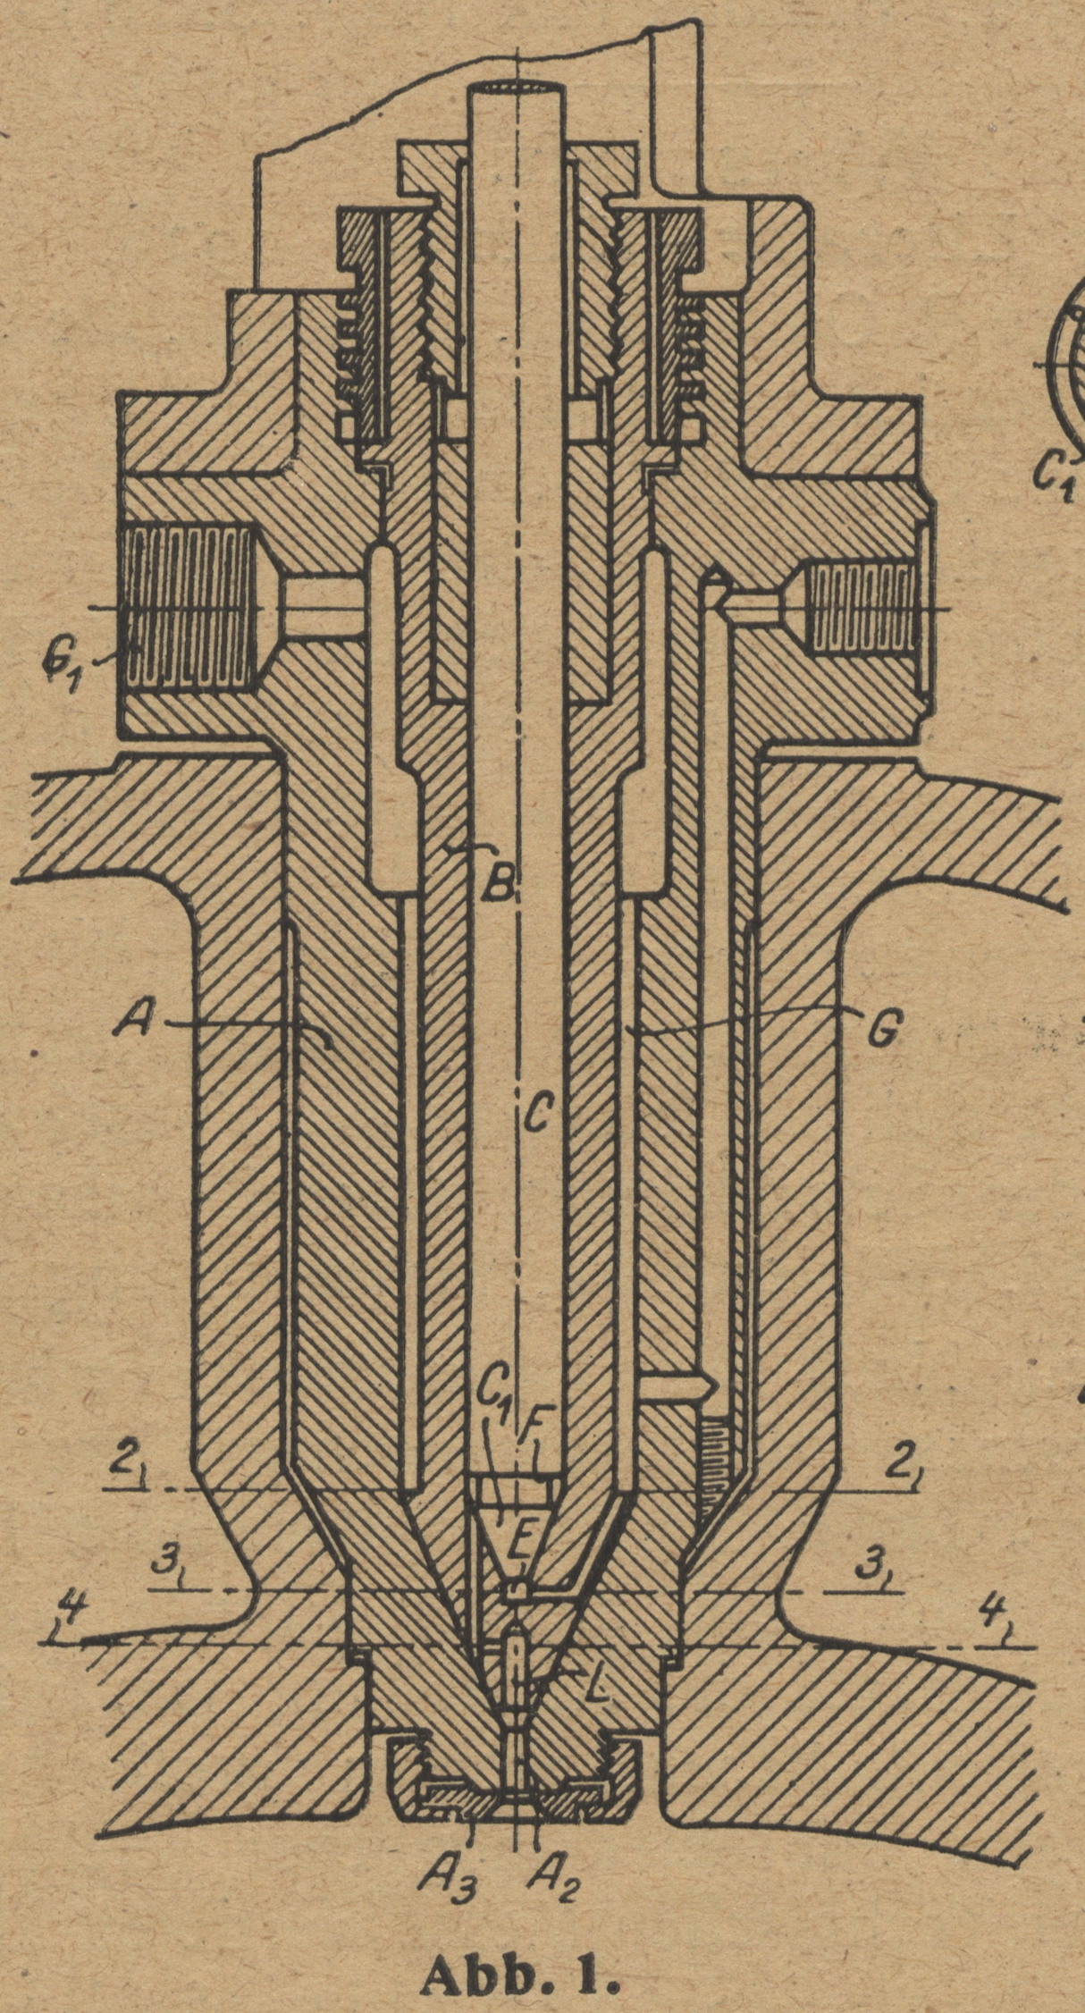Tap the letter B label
tap(495, 885)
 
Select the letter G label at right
tap(882, 1032)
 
